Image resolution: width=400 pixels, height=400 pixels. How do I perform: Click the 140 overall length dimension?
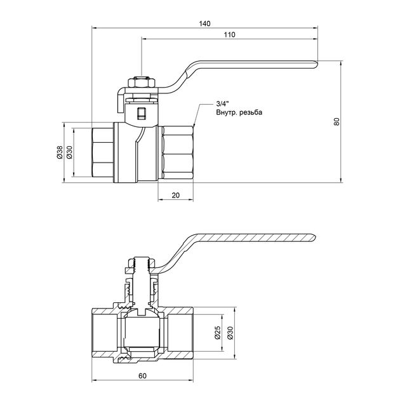204,23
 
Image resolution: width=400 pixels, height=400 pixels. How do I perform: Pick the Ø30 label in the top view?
69,152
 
